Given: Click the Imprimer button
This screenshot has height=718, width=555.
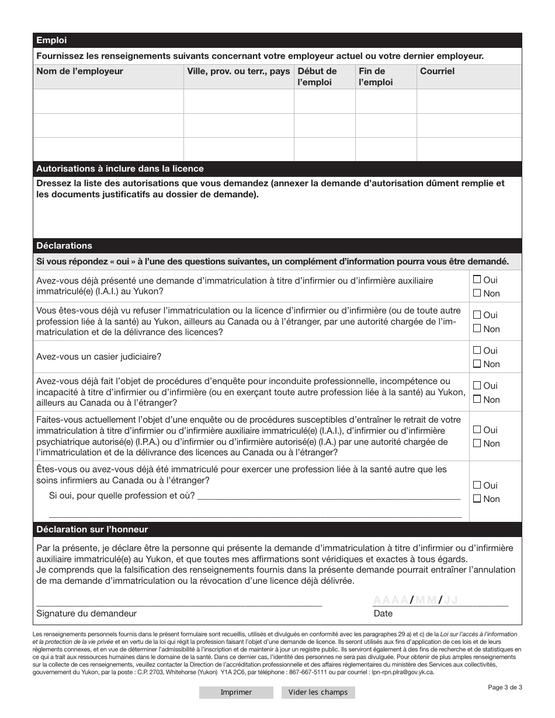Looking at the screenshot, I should coord(236,692).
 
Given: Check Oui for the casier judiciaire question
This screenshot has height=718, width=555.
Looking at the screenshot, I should coord(477,350).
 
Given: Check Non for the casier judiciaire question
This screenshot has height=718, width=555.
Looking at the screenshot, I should coord(477,364).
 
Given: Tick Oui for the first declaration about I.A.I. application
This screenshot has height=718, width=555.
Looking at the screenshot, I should coord(477,280).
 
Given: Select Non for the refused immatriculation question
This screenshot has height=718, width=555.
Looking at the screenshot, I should coord(477,329).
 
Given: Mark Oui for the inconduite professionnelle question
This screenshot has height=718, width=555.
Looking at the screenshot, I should coord(477,385).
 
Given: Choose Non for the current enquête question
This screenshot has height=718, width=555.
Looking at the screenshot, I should coord(477,443).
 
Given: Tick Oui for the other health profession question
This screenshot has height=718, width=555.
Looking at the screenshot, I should coord(477,485).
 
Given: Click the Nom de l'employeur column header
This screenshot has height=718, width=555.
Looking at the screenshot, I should coord(80,71).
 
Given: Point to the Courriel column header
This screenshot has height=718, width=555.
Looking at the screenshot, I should coord(437,71).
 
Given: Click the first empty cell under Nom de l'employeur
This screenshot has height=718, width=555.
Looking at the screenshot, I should coord(108,101).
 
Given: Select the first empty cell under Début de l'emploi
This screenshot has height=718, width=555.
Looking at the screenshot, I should coord(324,101).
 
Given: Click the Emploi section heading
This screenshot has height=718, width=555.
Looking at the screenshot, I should coord(52,40).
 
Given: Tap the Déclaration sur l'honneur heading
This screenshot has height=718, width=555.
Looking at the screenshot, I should coord(92,529).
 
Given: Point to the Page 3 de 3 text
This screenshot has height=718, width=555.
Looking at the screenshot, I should coord(505,687).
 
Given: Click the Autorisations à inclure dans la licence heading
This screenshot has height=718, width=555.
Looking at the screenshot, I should coord(120,169).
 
